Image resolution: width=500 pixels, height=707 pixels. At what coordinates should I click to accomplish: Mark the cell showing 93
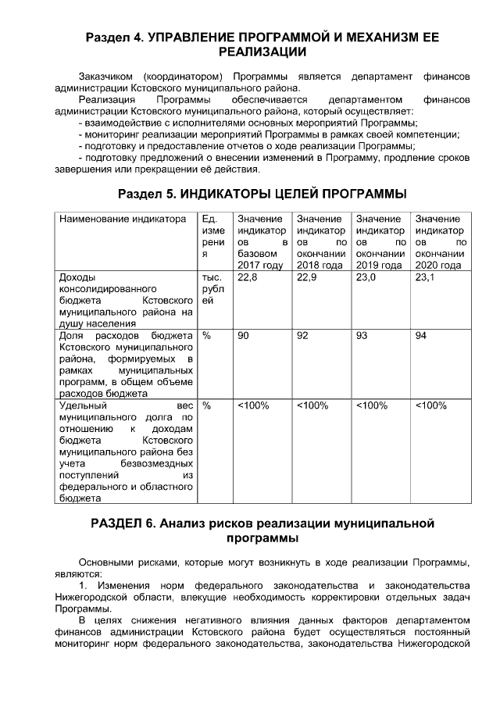pos(362,335)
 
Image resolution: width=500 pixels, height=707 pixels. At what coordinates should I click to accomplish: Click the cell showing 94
pos(421,335)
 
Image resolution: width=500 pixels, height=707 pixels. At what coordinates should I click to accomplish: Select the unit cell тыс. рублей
pos(213,288)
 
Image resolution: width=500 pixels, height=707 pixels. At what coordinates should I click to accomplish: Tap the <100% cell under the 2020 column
pos(430,405)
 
